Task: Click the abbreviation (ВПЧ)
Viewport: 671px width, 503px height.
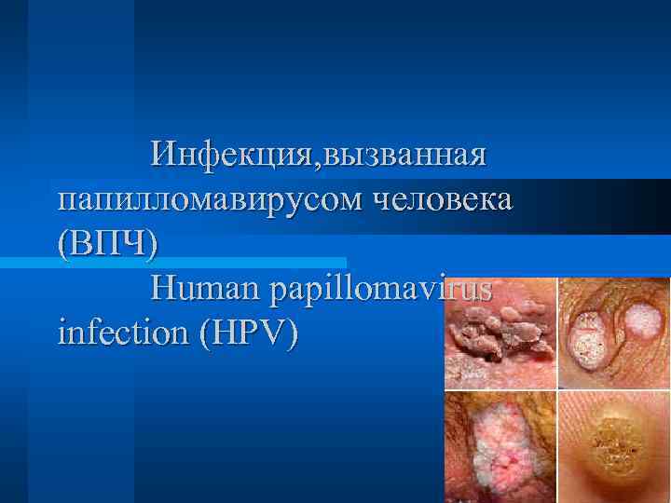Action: click(x=107, y=244)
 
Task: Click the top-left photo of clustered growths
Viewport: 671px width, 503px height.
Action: click(x=500, y=333)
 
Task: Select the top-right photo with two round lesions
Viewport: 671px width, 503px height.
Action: click(x=614, y=333)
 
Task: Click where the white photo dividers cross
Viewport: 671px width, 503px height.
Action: click(x=556, y=389)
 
